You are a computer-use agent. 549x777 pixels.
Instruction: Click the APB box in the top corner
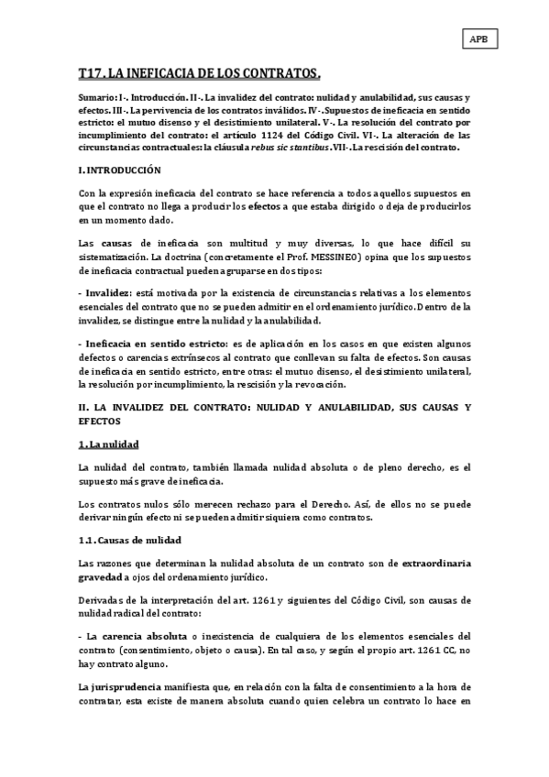click(478, 38)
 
